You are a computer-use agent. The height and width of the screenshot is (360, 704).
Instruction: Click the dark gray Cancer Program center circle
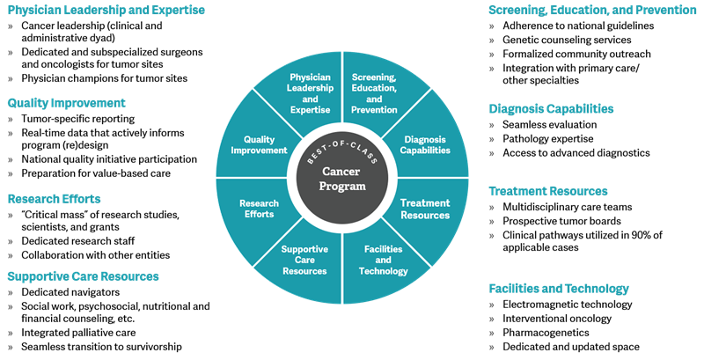point(342,178)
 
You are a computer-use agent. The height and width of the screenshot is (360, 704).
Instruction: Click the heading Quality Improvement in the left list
point(67,103)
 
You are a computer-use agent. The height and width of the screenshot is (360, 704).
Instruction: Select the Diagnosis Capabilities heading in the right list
point(551,109)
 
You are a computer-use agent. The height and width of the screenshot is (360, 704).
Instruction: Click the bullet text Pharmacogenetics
point(546,333)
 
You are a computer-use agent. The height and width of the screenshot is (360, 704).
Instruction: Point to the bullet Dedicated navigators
point(70,292)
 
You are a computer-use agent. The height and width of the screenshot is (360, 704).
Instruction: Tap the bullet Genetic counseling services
point(567,40)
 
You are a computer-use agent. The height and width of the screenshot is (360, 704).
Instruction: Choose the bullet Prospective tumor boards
point(561,221)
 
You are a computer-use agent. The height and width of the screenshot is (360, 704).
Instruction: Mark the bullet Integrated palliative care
point(78,333)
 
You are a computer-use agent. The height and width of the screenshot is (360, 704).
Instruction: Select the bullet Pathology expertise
point(547,139)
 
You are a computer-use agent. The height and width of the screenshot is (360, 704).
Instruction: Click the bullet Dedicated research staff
point(78,241)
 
